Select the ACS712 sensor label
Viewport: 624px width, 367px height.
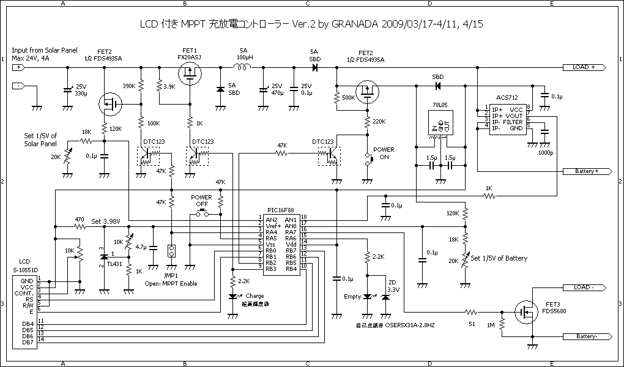tap(507, 97)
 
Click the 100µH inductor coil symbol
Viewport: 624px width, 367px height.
tap(243, 67)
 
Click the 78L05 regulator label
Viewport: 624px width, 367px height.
tap(441, 105)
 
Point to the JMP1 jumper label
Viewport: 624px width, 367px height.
tap(171, 275)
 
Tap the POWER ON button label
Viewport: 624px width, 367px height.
tap(384, 153)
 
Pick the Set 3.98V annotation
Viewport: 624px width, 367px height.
tap(106, 221)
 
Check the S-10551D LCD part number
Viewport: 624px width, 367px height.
tap(26, 270)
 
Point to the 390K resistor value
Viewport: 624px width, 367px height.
tap(129, 86)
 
